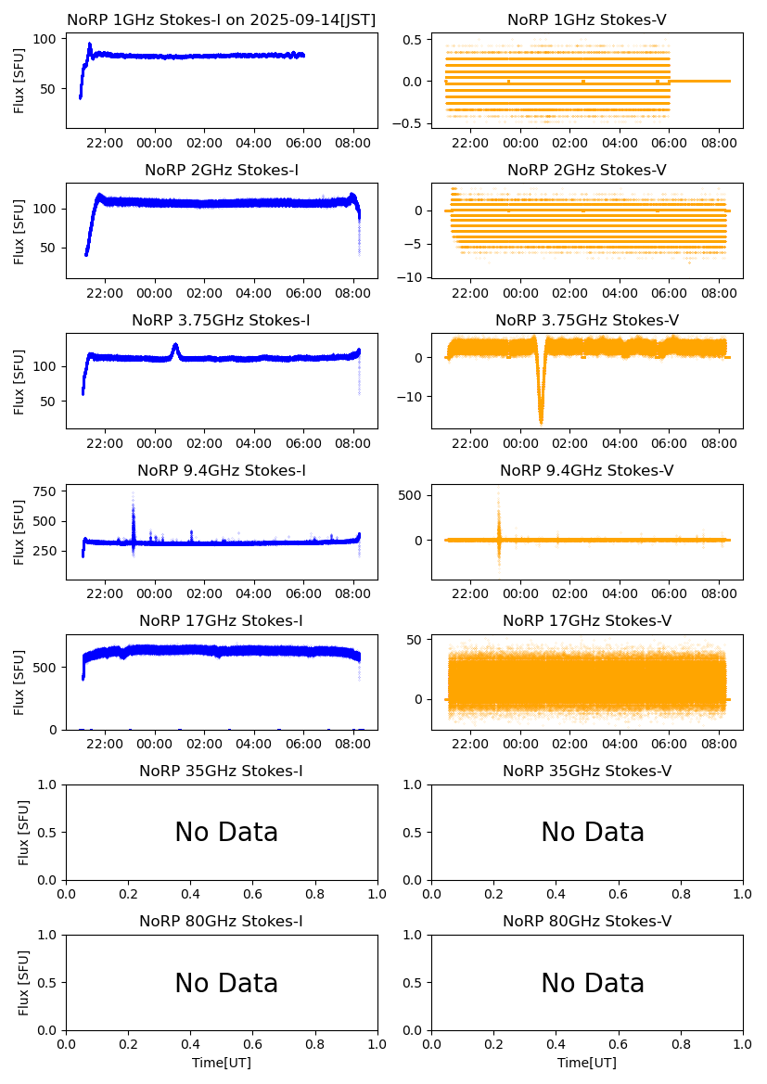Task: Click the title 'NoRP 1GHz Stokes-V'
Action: [x=586, y=19]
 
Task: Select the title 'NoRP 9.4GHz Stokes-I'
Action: [x=221, y=470]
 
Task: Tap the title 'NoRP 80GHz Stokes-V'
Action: [x=586, y=921]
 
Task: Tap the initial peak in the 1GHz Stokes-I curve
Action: [x=90, y=45]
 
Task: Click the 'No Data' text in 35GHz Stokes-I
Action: [x=226, y=833]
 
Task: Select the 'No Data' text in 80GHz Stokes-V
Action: [x=592, y=983]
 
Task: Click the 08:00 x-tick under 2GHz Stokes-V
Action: [x=719, y=293]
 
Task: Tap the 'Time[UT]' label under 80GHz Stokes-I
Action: [x=221, y=1063]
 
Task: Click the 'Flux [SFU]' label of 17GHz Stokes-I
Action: [x=19, y=682]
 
